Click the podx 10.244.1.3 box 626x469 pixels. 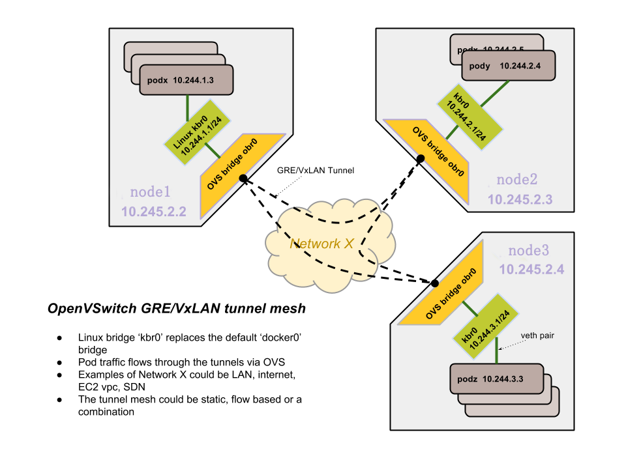pos(186,80)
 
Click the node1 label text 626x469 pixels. pos(150,192)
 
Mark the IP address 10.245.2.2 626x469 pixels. pos(153,211)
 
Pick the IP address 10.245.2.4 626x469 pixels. pos(531,268)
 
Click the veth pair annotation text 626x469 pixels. pos(537,336)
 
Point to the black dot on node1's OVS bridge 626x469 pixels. pos(243,177)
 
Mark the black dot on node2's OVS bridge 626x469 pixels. pos(421,158)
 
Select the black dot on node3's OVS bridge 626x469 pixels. pos(435,283)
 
